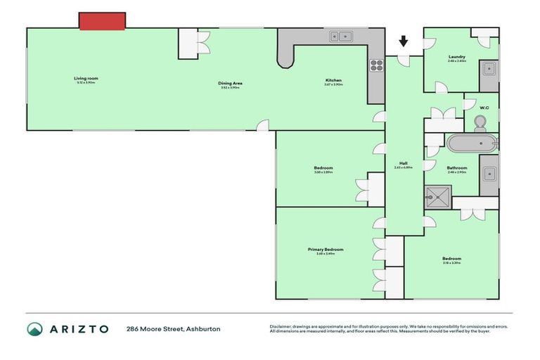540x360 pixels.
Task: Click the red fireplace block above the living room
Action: (102, 21)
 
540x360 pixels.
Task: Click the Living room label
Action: (85, 79)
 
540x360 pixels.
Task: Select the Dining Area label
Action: (230, 84)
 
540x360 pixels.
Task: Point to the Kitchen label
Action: (333, 80)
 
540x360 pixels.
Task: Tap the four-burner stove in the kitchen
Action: (376, 66)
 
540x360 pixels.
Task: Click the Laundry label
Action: (457, 57)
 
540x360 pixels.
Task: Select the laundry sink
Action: (488, 69)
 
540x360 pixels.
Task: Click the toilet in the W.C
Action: (482, 123)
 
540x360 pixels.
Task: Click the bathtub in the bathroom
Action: (472, 143)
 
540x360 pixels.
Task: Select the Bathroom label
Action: (457, 167)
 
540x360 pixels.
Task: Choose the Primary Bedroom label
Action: (326, 250)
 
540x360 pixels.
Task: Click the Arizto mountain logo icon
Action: (35, 329)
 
